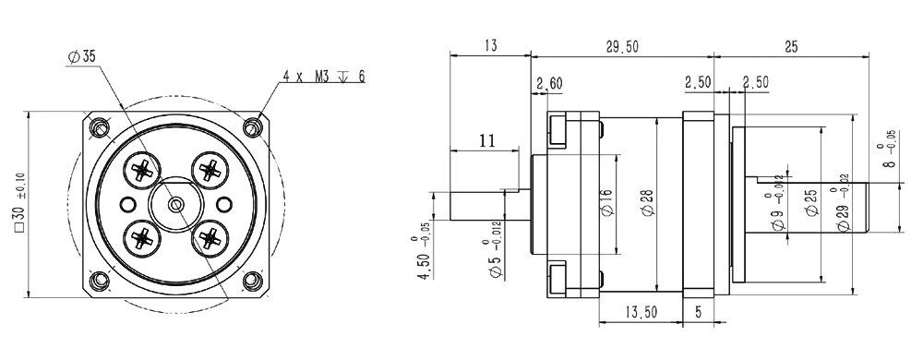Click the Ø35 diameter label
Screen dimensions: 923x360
81,57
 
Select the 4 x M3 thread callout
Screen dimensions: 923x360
323,77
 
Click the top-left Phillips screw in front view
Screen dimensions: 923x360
142,170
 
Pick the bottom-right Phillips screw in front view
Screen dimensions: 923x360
210,237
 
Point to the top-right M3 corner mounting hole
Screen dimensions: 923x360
253,127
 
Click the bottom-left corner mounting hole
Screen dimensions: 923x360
99,281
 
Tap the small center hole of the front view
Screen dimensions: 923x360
175,204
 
